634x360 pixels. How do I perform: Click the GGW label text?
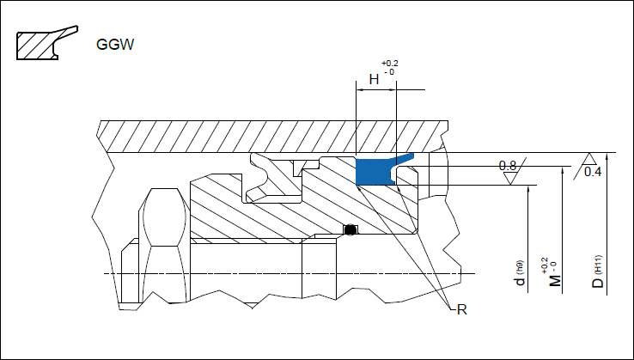(115, 45)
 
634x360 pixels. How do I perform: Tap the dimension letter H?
(374, 79)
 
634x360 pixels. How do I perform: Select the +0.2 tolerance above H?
(390, 64)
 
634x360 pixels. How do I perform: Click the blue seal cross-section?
(374, 172)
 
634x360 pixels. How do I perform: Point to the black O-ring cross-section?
(351, 229)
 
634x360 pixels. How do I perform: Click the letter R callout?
(461, 310)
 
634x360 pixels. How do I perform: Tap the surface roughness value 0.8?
(508, 166)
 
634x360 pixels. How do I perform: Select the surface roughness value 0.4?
(593, 172)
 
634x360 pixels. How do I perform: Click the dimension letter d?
(520, 281)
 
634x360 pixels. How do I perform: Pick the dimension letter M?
(555, 281)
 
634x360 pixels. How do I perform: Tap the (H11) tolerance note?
(599, 264)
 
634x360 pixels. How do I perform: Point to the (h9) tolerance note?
(520, 266)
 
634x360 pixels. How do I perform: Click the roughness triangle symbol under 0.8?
(510, 178)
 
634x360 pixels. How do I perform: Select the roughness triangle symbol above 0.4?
(589, 159)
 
